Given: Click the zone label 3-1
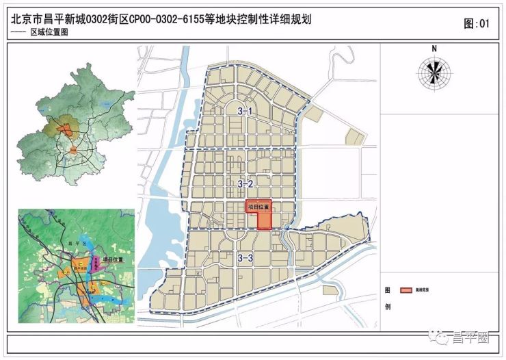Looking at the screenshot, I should pyautogui.click(x=245, y=111).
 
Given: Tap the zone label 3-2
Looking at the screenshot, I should pyautogui.click(x=245, y=183).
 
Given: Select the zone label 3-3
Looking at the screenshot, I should pyautogui.click(x=245, y=257).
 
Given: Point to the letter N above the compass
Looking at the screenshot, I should pyautogui.click(x=434, y=49).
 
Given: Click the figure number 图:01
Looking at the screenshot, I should pyautogui.click(x=477, y=23).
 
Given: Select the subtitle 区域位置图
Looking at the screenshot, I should pyautogui.click(x=50, y=34).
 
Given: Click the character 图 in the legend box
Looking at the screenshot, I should pyautogui.click(x=388, y=290).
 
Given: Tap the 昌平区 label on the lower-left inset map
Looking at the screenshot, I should pyautogui.click(x=75, y=242).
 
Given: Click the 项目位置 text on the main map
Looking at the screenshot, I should pyautogui.click(x=258, y=205).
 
